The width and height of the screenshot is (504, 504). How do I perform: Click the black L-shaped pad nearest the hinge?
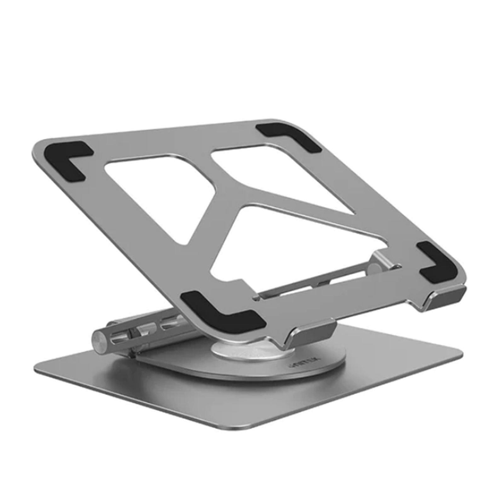pos(220,312)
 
